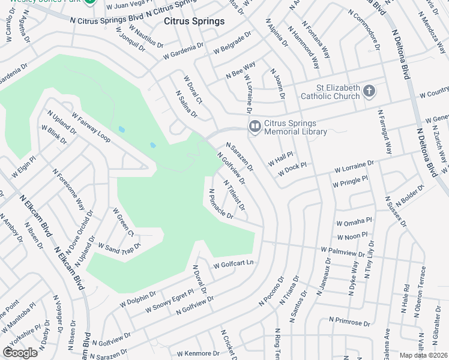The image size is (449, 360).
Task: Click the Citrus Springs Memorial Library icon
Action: coord(255,125)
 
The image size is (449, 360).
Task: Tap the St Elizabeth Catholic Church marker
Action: coord(369,92)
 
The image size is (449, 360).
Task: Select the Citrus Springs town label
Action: coord(194,22)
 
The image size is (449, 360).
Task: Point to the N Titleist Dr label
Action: coord(234,195)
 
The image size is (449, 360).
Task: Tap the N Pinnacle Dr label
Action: coord(220,205)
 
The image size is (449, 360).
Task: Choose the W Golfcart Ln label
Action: coord(234,263)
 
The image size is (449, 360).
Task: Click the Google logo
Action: coord(20,352)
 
